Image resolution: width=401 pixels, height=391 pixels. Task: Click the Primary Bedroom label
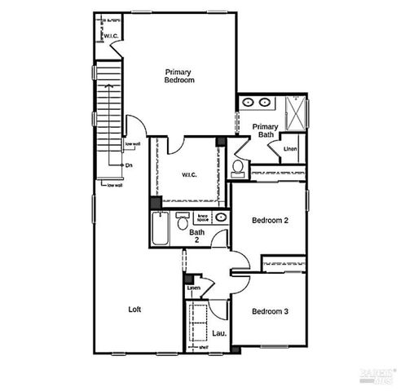[x=178, y=76]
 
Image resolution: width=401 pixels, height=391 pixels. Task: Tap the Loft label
[x=136, y=309]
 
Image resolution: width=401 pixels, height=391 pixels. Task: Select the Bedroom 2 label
[x=269, y=220]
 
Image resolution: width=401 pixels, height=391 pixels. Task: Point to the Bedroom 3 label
[x=269, y=311]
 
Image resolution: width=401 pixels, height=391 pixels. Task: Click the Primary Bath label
[x=265, y=130]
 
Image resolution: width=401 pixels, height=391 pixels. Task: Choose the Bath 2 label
[x=197, y=235]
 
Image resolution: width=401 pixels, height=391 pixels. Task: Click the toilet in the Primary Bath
[x=238, y=169]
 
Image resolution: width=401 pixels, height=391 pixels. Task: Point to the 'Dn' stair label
[x=129, y=165]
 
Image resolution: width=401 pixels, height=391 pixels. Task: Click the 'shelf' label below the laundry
[x=204, y=348]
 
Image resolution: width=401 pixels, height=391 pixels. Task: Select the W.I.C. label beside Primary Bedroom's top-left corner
[x=111, y=36]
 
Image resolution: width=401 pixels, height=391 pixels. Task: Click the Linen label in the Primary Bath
[x=290, y=149]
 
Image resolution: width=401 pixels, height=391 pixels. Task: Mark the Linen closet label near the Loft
[x=194, y=288]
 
